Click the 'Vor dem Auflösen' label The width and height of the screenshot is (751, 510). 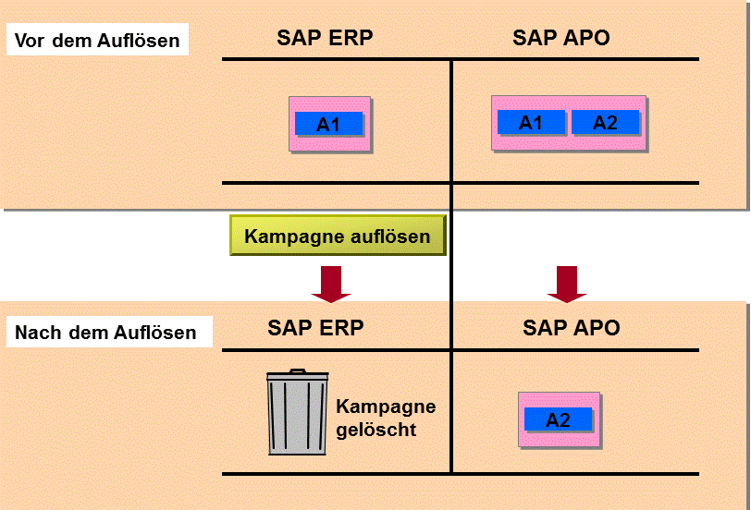(x=97, y=40)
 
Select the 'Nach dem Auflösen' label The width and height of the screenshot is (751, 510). (x=105, y=332)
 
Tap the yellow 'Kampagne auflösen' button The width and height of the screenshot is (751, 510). (x=338, y=236)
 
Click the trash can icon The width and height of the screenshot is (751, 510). (x=298, y=412)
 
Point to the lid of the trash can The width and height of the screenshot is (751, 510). (x=298, y=375)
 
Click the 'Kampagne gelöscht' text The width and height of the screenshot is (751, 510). (x=386, y=419)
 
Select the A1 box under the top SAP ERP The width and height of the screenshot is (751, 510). (x=328, y=124)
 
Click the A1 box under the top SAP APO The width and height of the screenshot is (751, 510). (x=531, y=123)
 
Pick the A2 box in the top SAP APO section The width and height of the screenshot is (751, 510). (x=606, y=123)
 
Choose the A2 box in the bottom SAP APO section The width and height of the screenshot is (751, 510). (x=559, y=419)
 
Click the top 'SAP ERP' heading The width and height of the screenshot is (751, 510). (x=325, y=38)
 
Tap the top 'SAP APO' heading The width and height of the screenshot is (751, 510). (x=560, y=38)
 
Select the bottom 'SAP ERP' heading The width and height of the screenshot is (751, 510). (x=315, y=328)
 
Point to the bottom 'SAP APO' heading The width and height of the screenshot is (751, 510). (x=572, y=328)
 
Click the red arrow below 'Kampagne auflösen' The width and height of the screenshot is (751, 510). (x=331, y=285)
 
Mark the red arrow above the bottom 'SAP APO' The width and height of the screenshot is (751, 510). (x=567, y=285)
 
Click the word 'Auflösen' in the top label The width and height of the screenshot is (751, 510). (x=139, y=40)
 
